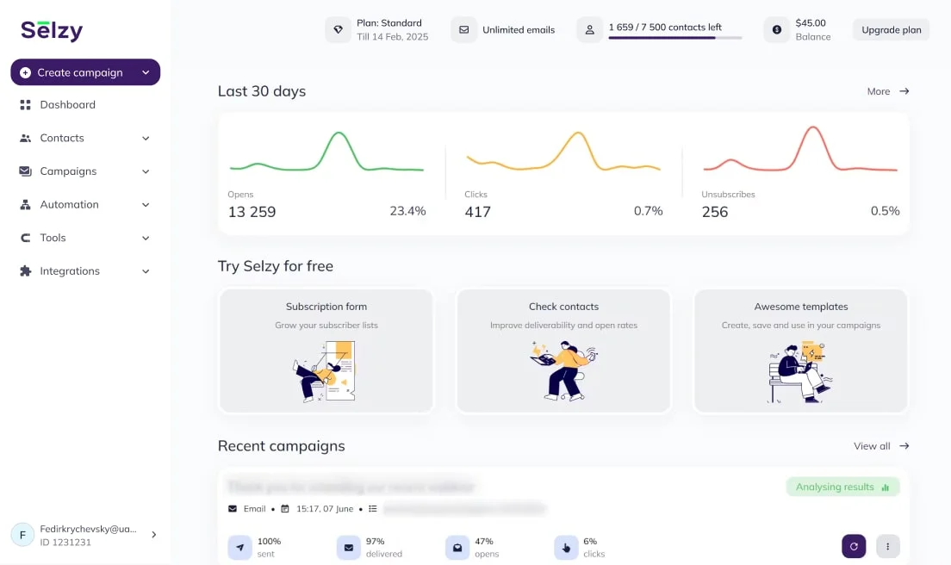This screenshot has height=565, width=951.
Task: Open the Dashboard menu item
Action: click(x=67, y=105)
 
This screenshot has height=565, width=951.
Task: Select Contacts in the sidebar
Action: click(x=62, y=138)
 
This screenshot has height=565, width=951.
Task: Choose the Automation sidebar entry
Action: click(x=69, y=205)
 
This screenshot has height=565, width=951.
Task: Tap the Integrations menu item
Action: click(x=70, y=271)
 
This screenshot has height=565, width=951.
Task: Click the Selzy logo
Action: click(x=52, y=31)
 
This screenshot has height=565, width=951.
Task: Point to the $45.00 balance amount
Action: click(x=811, y=23)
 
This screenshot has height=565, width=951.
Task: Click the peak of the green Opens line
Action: click(x=339, y=133)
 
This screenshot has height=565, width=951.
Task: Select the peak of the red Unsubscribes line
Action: click(x=811, y=127)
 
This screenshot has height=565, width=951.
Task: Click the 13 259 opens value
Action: click(x=252, y=212)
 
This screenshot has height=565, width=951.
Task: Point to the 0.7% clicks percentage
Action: click(x=648, y=211)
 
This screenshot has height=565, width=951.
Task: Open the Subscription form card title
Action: click(x=326, y=307)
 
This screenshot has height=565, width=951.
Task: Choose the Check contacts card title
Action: click(x=563, y=307)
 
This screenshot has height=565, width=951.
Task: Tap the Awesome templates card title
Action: click(x=801, y=307)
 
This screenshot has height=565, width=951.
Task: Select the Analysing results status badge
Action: click(x=842, y=487)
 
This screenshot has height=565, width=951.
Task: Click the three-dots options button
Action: click(x=888, y=546)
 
